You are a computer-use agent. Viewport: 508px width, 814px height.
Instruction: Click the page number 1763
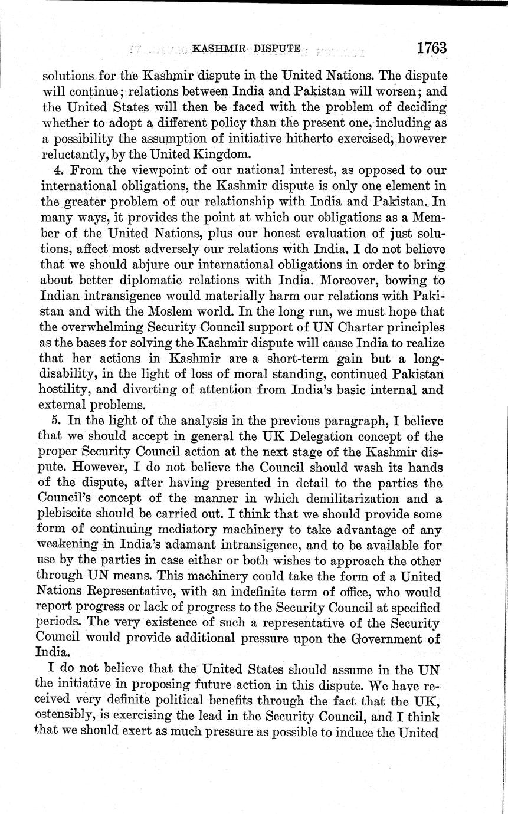(x=430, y=48)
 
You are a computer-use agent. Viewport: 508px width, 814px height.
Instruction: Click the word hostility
(x=64, y=390)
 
